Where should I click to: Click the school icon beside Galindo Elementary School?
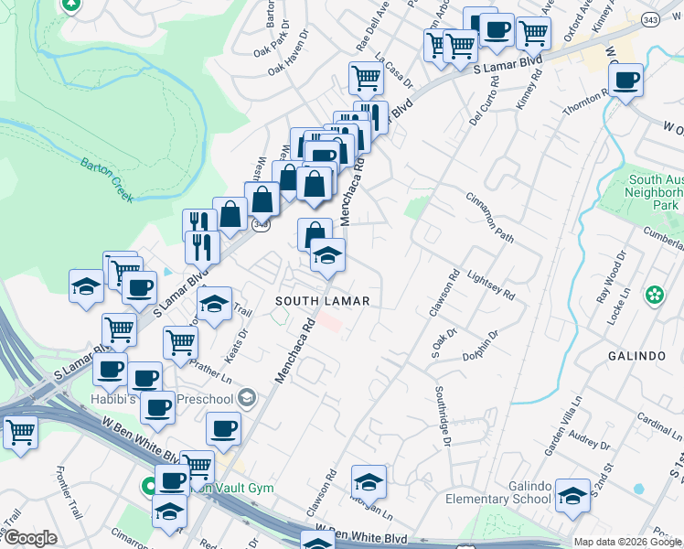click(572, 495)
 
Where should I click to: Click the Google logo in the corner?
click(30, 539)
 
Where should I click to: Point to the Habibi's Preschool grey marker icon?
click(247, 397)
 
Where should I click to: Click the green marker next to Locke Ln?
click(655, 296)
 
